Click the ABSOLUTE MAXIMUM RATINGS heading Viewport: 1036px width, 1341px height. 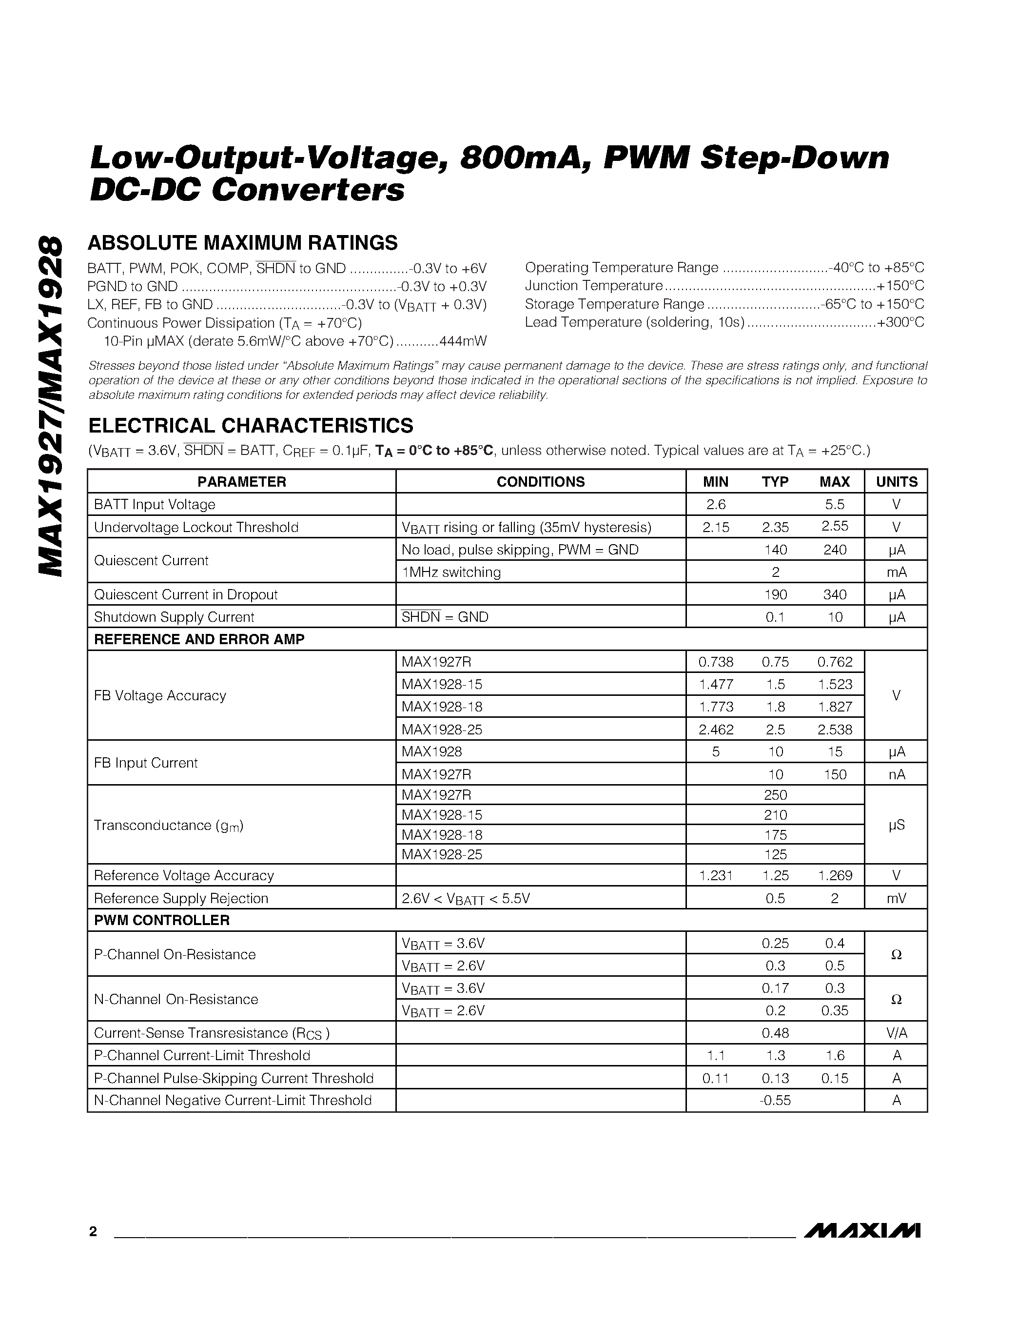tap(242, 243)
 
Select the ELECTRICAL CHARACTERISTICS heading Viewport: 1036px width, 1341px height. tap(251, 426)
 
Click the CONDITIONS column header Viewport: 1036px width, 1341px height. tap(540, 482)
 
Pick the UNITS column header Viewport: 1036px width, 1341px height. tap(896, 482)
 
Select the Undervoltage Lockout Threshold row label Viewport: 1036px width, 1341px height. tap(196, 528)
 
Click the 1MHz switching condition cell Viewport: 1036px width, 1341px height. tap(451, 572)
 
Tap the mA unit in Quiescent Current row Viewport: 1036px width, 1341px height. tap(896, 572)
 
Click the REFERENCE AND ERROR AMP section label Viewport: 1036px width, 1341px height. tap(199, 639)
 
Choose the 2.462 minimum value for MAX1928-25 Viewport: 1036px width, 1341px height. tap(716, 730)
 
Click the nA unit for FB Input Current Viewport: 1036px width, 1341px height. tap(896, 774)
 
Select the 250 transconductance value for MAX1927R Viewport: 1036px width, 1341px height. tap(775, 795)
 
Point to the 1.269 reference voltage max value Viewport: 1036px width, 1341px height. tap(835, 876)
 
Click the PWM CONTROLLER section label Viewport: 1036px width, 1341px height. tap(161, 920)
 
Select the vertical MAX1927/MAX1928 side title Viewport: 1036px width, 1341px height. tap(50, 405)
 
